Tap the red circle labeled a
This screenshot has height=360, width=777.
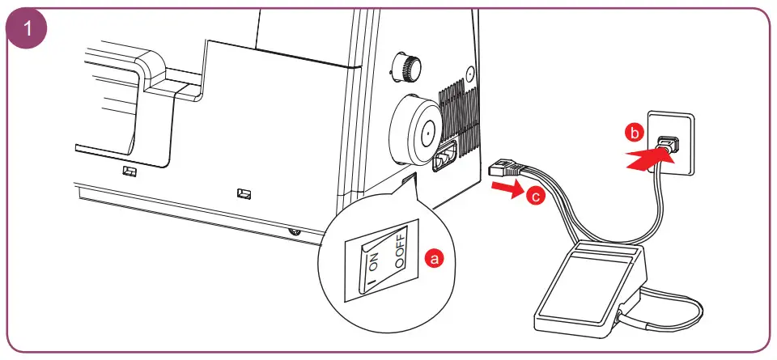point(434,259)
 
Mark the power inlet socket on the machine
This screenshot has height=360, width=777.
point(444,157)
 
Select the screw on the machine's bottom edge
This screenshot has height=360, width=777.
point(294,233)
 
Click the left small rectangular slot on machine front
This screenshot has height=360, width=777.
point(129,172)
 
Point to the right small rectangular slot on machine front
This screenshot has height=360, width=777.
point(243,193)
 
